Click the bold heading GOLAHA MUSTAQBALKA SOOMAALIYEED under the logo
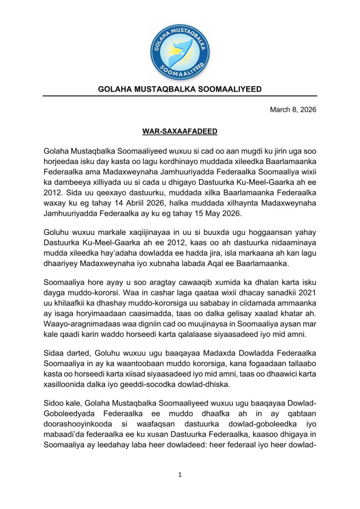[x=180, y=89]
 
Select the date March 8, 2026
[x=293, y=110]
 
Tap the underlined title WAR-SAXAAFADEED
[x=179, y=131]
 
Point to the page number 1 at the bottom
[x=180, y=475]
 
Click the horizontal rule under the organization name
[x=180, y=97]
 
